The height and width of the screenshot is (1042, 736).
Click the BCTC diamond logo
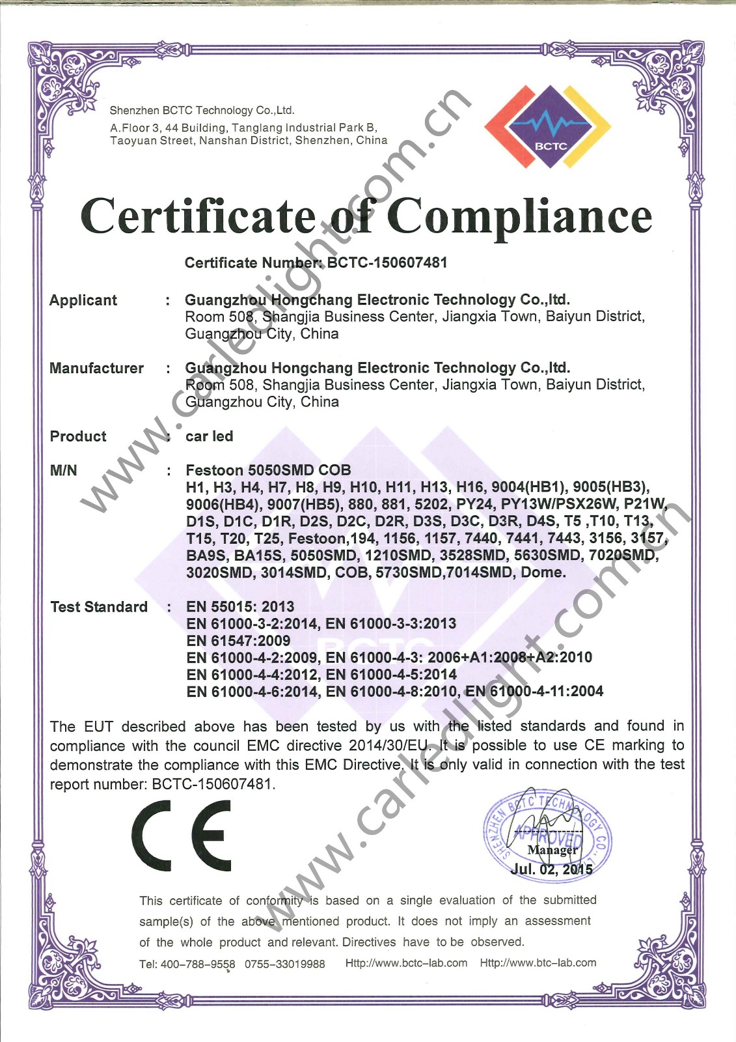549,126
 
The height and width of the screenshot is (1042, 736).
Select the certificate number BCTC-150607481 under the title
387,262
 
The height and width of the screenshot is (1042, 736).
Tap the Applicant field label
83,300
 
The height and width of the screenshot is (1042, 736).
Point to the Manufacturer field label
96,368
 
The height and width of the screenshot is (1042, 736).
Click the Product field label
78,436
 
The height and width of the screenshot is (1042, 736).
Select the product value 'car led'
209,436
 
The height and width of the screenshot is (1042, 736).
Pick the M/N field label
63,470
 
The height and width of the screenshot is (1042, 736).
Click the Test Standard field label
99,607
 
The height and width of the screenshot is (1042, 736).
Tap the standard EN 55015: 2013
240,607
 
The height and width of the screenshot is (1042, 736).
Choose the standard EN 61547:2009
238,641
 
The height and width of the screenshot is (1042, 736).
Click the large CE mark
182,836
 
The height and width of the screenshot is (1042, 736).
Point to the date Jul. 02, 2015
551,869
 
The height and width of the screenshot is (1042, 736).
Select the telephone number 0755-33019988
284,964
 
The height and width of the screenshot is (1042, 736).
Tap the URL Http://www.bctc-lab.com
406,963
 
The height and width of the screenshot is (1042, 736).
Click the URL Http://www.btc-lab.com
538,963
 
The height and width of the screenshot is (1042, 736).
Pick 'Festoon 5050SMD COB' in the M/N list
268,470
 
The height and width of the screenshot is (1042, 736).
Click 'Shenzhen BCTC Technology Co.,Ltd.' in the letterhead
202,111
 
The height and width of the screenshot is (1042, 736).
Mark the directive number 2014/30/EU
388,745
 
